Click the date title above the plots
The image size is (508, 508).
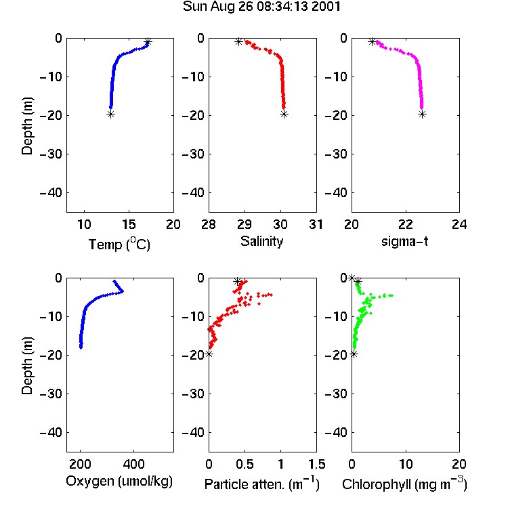261,7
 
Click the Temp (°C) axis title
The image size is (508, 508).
119,244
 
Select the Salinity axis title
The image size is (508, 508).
261,241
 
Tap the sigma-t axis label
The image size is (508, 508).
404,241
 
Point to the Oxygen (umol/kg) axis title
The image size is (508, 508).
119,482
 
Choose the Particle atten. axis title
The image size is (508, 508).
262,484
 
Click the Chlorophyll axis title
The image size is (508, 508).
404,484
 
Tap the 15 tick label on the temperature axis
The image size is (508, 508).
129,224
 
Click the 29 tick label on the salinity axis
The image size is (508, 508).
245,224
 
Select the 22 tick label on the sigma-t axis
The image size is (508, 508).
406,224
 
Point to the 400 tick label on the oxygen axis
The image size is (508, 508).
134,464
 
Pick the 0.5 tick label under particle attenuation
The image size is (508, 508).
245,464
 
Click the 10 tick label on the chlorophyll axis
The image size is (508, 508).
406,464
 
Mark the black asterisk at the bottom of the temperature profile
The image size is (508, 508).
111,114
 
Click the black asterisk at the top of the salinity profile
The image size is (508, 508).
239,41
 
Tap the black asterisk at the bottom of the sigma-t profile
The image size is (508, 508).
422,114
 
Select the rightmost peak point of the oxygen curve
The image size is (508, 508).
122,291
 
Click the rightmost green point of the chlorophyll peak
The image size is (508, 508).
391,295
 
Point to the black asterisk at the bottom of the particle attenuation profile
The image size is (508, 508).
209,354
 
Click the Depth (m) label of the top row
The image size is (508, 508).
27,126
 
